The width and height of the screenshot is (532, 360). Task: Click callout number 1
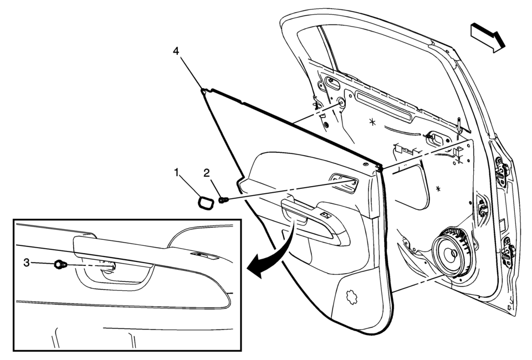click(176, 173)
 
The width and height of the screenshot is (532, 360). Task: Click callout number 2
click(207, 173)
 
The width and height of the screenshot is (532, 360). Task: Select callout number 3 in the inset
click(27, 263)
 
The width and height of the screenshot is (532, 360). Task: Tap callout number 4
click(176, 51)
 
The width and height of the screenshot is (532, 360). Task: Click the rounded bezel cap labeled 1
click(206, 203)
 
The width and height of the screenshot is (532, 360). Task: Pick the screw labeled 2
click(223, 200)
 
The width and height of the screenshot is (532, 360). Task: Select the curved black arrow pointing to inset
click(277, 253)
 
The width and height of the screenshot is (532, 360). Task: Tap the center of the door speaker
click(453, 253)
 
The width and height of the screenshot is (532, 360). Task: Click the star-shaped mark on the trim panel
click(351, 297)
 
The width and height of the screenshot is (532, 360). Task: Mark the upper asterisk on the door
click(372, 122)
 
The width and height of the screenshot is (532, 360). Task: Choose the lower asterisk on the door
click(438, 188)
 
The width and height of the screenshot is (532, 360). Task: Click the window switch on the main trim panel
click(326, 214)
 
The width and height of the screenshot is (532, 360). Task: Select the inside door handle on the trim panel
click(344, 183)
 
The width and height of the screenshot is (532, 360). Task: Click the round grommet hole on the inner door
click(341, 102)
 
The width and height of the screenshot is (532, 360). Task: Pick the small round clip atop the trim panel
click(365, 164)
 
